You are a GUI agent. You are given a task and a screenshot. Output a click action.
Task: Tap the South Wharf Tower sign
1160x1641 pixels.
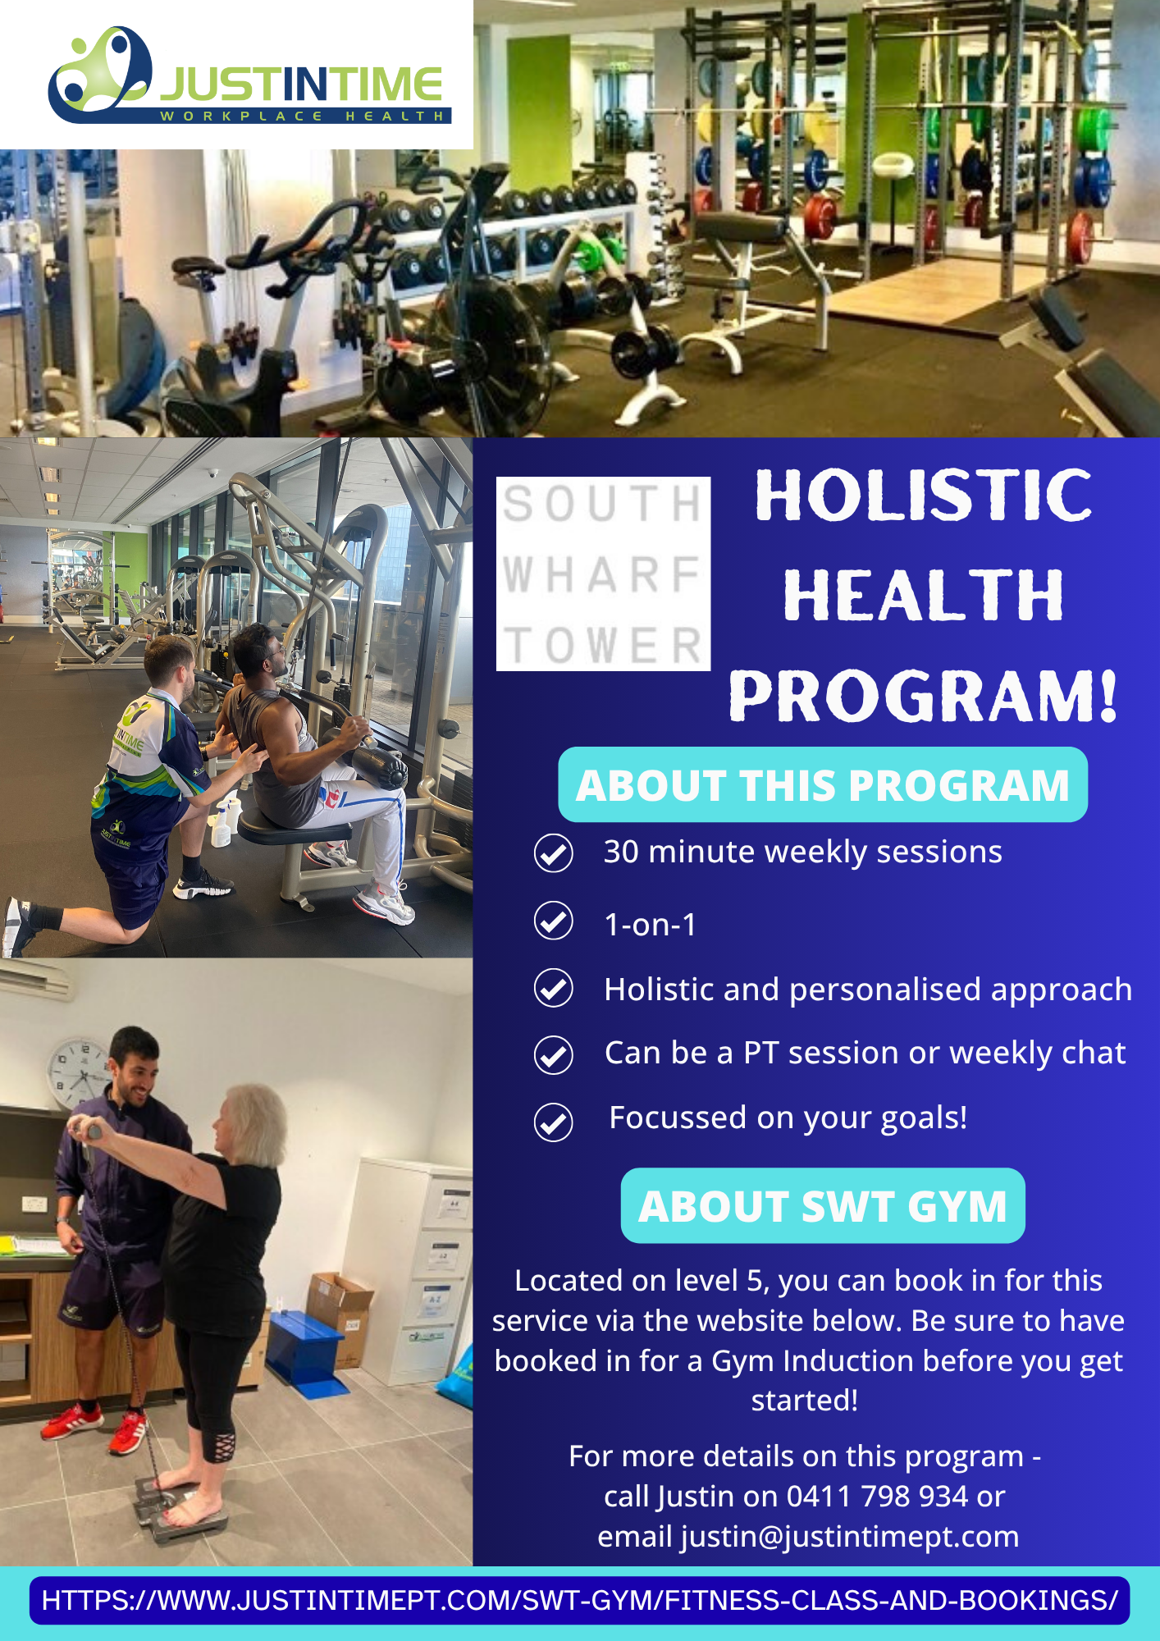603,574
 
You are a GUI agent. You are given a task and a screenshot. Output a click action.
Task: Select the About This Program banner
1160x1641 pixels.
823,784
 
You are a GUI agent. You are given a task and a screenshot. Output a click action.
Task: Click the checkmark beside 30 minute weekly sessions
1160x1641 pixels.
554,853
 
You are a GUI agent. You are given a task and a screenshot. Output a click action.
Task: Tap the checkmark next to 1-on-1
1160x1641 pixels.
554,921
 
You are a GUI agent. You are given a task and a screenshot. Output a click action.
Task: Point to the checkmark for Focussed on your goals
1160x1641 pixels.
554,1122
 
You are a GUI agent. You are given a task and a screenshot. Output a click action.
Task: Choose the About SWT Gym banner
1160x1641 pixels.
823,1205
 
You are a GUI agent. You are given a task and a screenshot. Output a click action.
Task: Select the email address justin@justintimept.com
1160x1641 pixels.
849,1537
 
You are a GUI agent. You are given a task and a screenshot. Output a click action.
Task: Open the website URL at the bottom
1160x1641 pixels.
579,1600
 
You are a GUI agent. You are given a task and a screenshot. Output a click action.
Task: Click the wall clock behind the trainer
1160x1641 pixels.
79,1073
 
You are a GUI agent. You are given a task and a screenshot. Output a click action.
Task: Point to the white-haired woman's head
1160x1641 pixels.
249,1122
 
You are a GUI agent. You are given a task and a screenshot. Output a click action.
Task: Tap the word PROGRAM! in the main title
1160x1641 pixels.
923,696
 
